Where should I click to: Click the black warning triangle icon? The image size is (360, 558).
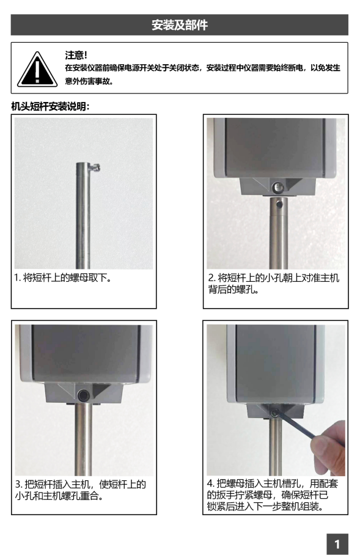pos(37,70)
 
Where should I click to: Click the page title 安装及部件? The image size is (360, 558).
pos(180,25)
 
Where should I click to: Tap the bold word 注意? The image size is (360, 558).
pos(76,55)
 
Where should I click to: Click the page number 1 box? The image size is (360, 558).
pos(337,544)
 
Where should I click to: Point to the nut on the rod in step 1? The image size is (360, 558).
pos(95,167)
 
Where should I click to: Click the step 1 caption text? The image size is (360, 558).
pos(63,277)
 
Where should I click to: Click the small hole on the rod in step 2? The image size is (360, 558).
pos(279,205)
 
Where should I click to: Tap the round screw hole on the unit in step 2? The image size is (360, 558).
pos(277,187)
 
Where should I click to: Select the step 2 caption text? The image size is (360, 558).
pos(274,284)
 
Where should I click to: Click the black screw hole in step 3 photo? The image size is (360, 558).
pos(84,395)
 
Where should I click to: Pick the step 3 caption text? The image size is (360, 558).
pos(81,490)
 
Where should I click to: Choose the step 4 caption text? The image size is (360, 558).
pos(273,494)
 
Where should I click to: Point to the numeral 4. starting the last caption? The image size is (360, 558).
pos(211,483)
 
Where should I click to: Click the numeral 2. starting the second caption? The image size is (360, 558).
pos(212,277)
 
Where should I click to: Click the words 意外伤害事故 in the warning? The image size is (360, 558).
pos(87,81)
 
